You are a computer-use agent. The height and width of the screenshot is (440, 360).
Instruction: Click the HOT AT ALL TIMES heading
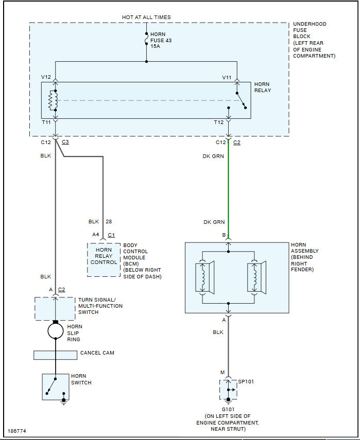[x=146, y=17]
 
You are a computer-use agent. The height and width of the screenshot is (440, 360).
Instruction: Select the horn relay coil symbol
[x=52, y=101]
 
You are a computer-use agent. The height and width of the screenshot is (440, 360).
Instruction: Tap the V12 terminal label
[x=46, y=77]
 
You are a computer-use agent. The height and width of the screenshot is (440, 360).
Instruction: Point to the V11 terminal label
[x=227, y=77]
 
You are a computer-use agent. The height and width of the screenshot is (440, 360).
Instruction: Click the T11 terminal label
[x=46, y=123]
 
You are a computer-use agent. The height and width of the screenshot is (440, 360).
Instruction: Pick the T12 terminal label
[x=219, y=123]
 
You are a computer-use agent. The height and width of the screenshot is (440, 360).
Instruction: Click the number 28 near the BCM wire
[x=109, y=222]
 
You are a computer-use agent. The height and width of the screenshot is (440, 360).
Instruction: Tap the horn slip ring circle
[x=56, y=330]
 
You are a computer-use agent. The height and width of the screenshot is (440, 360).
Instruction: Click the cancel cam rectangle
[x=55, y=355]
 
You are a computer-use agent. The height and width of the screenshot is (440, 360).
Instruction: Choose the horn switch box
[x=55, y=387]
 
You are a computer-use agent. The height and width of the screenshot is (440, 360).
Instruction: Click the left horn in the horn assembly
[x=204, y=278]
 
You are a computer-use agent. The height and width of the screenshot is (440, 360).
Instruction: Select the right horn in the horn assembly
[x=255, y=278]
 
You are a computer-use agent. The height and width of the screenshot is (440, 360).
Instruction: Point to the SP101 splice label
[x=246, y=382]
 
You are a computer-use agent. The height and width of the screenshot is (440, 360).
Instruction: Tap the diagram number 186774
[x=18, y=430]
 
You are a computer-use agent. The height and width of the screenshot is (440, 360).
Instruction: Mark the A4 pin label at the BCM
[x=95, y=234]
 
